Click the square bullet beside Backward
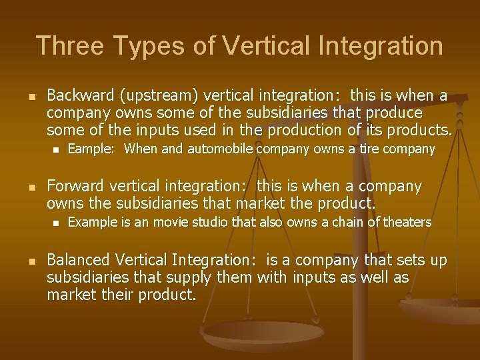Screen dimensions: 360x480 click(27, 97)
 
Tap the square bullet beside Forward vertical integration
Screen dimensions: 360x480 click(27, 186)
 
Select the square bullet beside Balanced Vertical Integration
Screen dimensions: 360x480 click(27, 261)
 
